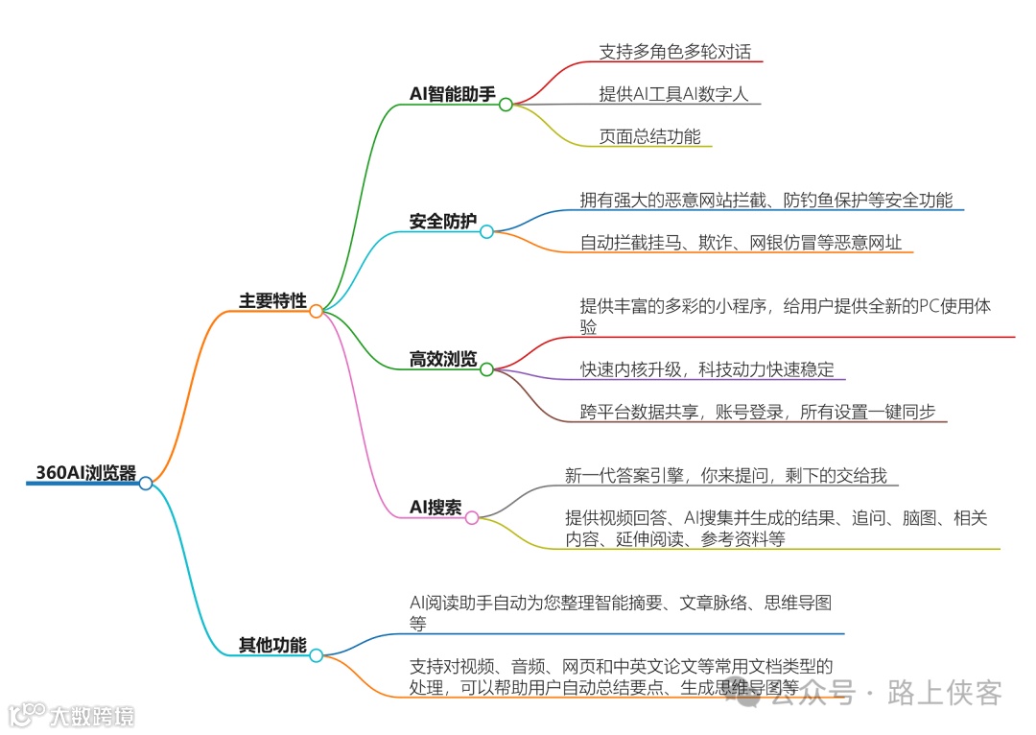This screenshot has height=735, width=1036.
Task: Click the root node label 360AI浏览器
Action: tap(85, 473)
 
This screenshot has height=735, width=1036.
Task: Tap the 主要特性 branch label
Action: tap(272, 301)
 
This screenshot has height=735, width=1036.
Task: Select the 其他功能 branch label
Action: tap(272, 646)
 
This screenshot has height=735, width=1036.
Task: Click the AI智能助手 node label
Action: tap(453, 94)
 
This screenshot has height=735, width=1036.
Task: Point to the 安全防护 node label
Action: tap(442, 222)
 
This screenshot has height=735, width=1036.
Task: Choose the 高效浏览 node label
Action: tap(442, 360)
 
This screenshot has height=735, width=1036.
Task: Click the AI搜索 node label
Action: tap(436, 508)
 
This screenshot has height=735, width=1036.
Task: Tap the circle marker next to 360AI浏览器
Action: tap(146, 483)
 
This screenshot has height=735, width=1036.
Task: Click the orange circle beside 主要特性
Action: tap(316, 311)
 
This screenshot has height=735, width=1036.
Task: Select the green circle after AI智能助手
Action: tap(506, 105)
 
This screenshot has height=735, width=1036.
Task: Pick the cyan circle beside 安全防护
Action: tap(486, 231)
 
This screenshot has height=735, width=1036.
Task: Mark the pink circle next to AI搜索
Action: tap(471, 518)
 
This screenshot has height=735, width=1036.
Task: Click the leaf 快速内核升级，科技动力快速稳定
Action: tap(707, 369)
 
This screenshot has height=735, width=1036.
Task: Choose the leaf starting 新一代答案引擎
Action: tap(732, 475)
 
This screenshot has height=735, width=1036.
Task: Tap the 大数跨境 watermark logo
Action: tap(71, 716)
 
